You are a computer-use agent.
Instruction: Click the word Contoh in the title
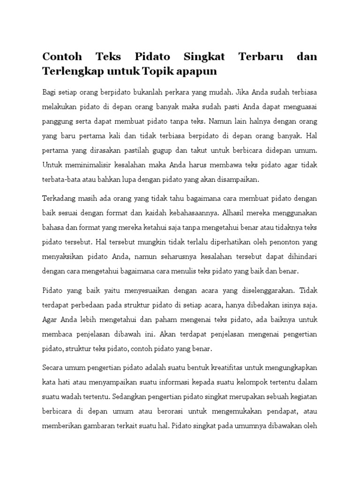click(62, 57)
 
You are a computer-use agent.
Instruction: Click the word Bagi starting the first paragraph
click(49, 91)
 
